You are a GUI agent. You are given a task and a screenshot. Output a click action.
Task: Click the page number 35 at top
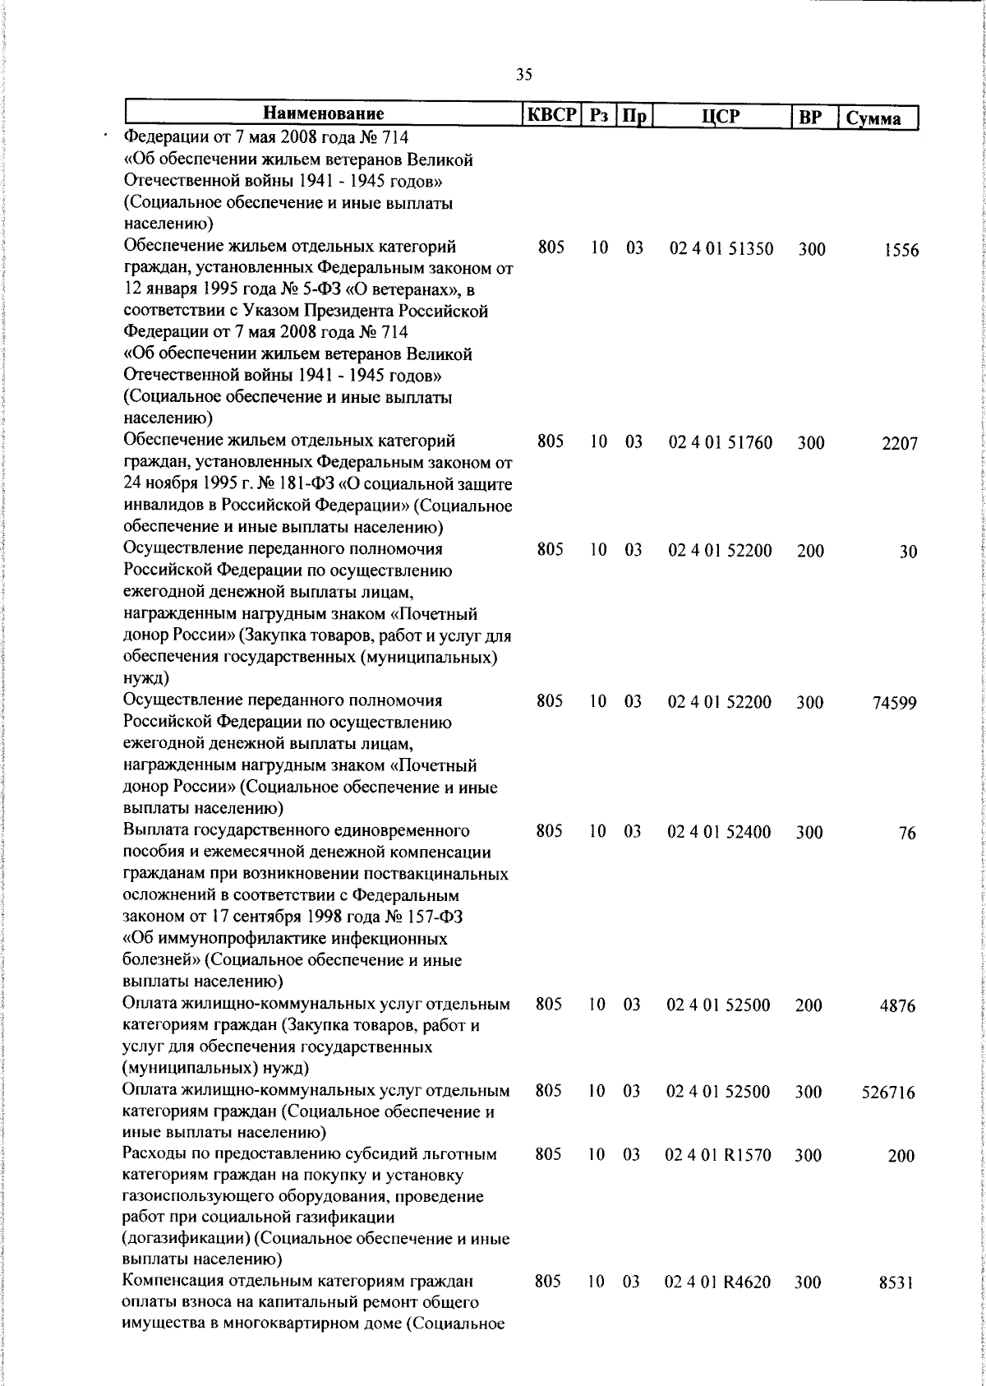tap(524, 76)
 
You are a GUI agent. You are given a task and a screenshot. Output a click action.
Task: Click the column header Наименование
tap(324, 114)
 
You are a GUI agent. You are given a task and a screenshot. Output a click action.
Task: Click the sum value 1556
tap(901, 252)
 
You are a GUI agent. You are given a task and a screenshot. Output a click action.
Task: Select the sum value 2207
tap(900, 445)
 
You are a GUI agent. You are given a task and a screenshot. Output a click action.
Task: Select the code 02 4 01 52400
tap(720, 832)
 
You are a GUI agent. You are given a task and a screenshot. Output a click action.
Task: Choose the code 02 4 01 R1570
tap(718, 1155)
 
